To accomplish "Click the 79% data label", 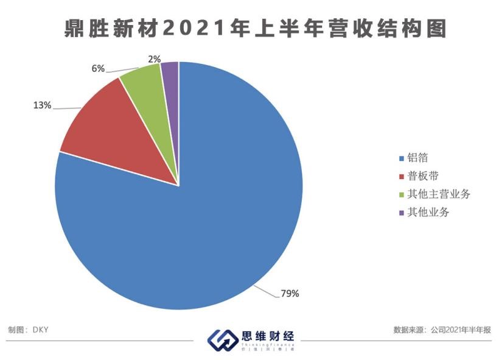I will tap(290, 294).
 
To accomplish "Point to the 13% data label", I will tap(42, 105).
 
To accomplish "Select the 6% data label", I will tap(98, 68).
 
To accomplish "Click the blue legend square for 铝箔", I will tap(401, 159).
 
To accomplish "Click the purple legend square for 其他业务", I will tap(401, 213).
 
